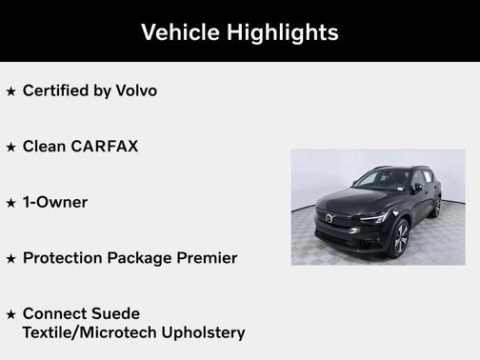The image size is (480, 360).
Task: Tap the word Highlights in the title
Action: tap(284, 32)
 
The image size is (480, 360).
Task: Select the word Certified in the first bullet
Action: tap(60, 91)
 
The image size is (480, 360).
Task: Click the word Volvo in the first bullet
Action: tap(137, 91)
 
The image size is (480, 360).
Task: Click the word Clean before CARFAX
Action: tap(44, 147)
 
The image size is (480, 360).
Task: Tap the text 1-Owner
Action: tap(55, 202)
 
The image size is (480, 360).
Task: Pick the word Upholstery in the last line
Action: tap(200, 332)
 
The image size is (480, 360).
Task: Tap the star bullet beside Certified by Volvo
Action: tap(10, 92)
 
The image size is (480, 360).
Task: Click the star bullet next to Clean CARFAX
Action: tap(10, 148)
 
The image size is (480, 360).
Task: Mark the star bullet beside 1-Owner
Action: tap(10, 203)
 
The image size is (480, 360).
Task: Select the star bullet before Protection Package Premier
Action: tap(10, 259)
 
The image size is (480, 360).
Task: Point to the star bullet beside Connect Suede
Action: tap(10, 314)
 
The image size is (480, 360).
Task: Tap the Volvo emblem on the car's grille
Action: tap(330, 219)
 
